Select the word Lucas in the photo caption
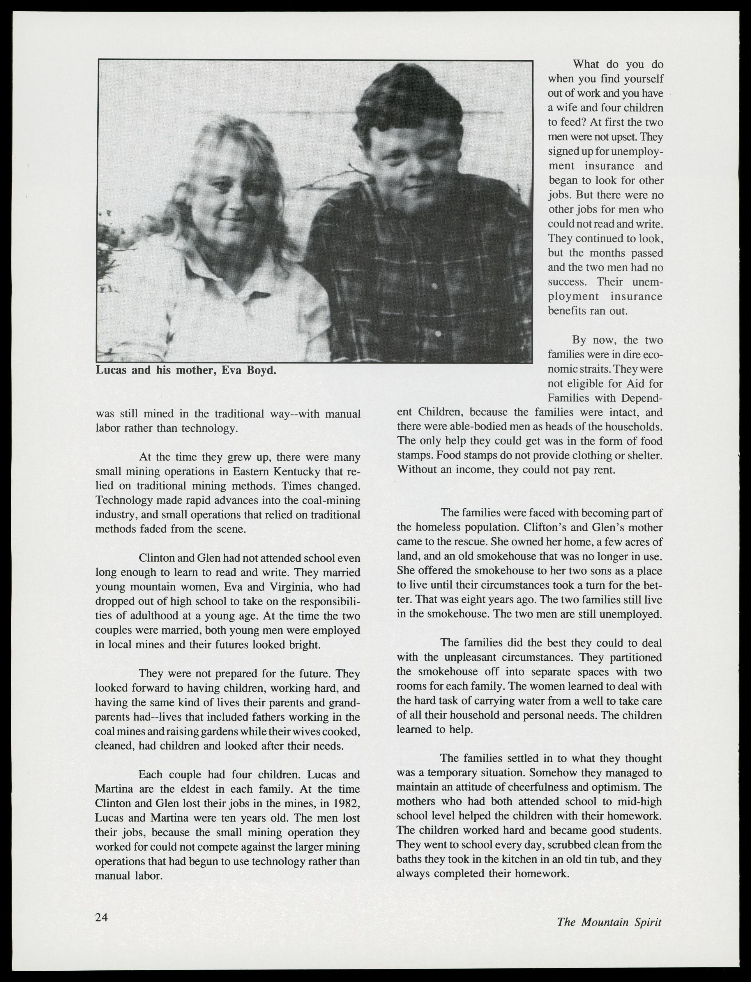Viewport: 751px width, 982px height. (112, 371)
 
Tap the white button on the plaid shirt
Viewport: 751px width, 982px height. (438, 334)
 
